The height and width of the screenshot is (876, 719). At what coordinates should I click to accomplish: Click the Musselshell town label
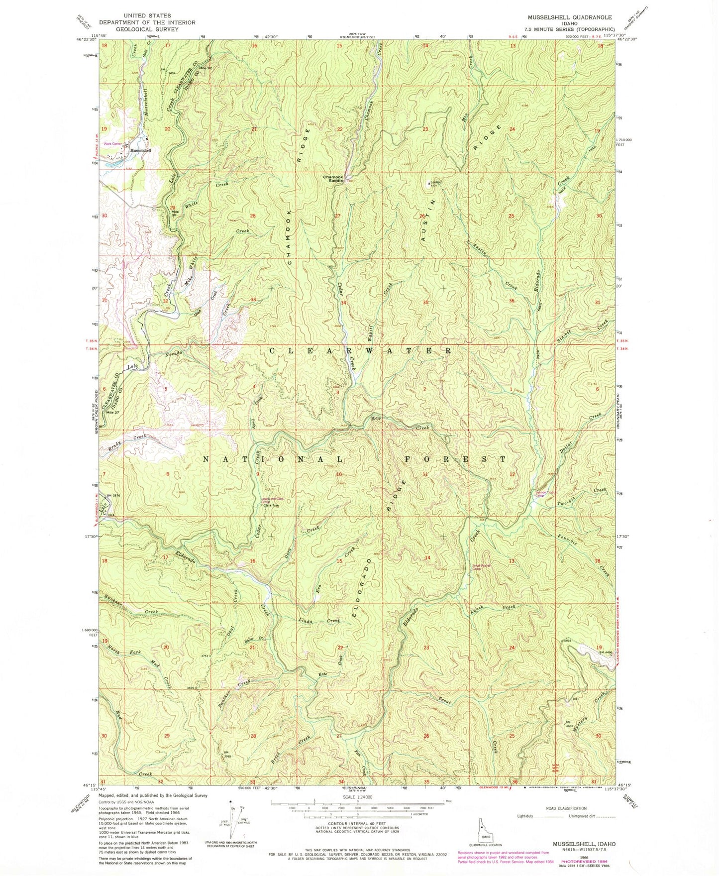coord(140,150)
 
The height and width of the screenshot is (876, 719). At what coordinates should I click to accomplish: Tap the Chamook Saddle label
coord(333,179)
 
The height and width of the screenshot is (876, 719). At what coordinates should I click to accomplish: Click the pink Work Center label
coord(113,144)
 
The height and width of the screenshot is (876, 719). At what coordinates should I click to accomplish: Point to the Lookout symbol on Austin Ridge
coord(429,183)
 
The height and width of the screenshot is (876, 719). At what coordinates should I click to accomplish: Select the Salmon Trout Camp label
coord(543,494)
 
